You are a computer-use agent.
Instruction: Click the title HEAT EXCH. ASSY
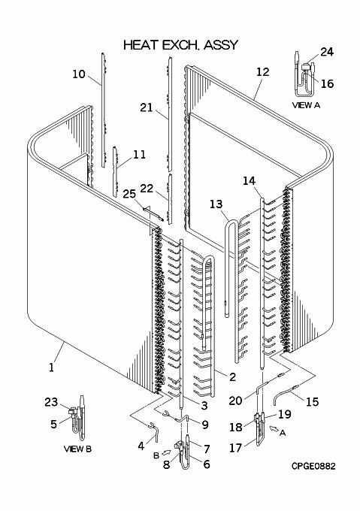(181, 45)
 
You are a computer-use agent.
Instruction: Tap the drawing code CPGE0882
(313, 467)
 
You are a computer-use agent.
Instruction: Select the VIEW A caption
(306, 105)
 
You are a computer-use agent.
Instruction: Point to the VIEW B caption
(77, 449)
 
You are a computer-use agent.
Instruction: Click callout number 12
(262, 72)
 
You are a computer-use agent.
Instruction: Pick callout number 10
(78, 74)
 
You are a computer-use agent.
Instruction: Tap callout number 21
(147, 107)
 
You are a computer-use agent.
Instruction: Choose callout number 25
(129, 194)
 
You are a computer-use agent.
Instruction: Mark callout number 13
(216, 204)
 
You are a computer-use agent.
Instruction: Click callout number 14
(250, 180)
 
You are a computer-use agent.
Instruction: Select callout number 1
(51, 367)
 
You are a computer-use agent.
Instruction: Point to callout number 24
(327, 52)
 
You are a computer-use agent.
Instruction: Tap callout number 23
(51, 402)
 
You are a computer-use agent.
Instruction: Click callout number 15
(312, 401)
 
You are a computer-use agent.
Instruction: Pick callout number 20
(235, 401)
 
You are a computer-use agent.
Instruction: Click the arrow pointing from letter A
(274, 430)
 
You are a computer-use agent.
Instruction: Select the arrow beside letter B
(166, 452)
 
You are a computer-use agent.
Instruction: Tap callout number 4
(141, 446)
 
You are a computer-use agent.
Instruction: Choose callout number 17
(235, 448)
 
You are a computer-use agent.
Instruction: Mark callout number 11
(140, 154)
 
